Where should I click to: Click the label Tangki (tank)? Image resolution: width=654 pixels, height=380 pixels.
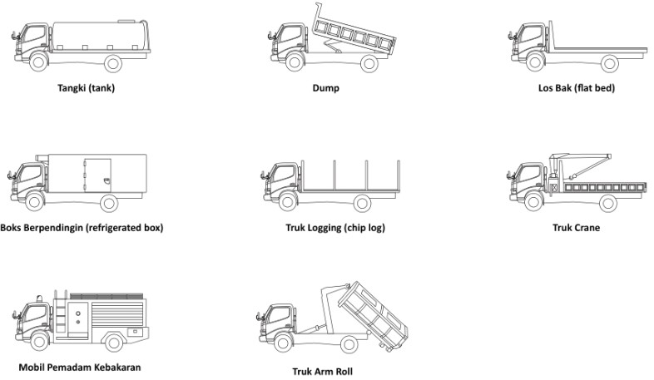click(x=86, y=87)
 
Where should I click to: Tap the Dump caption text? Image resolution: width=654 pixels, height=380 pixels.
click(x=326, y=87)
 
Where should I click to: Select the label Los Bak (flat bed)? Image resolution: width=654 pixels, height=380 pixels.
click(x=576, y=87)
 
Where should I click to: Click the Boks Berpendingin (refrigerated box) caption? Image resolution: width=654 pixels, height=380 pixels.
click(x=82, y=227)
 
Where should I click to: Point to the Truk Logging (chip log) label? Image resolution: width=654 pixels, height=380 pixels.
click(x=330, y=227)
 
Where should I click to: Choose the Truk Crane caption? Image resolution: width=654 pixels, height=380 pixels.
click(x=576, y=227)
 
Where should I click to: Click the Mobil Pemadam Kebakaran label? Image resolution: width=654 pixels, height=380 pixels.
click(x=80, y=367)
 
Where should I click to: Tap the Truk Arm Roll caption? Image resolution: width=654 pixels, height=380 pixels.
click(x=322, y=371)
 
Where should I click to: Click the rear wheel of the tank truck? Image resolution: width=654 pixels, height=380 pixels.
click(x=113, y=62)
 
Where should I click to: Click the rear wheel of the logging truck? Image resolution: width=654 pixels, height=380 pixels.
click(x=362, y=202)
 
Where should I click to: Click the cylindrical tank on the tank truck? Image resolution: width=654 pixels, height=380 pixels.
click(x=100, y=37)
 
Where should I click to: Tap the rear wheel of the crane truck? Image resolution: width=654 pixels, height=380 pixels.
click(x=608, y=202)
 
